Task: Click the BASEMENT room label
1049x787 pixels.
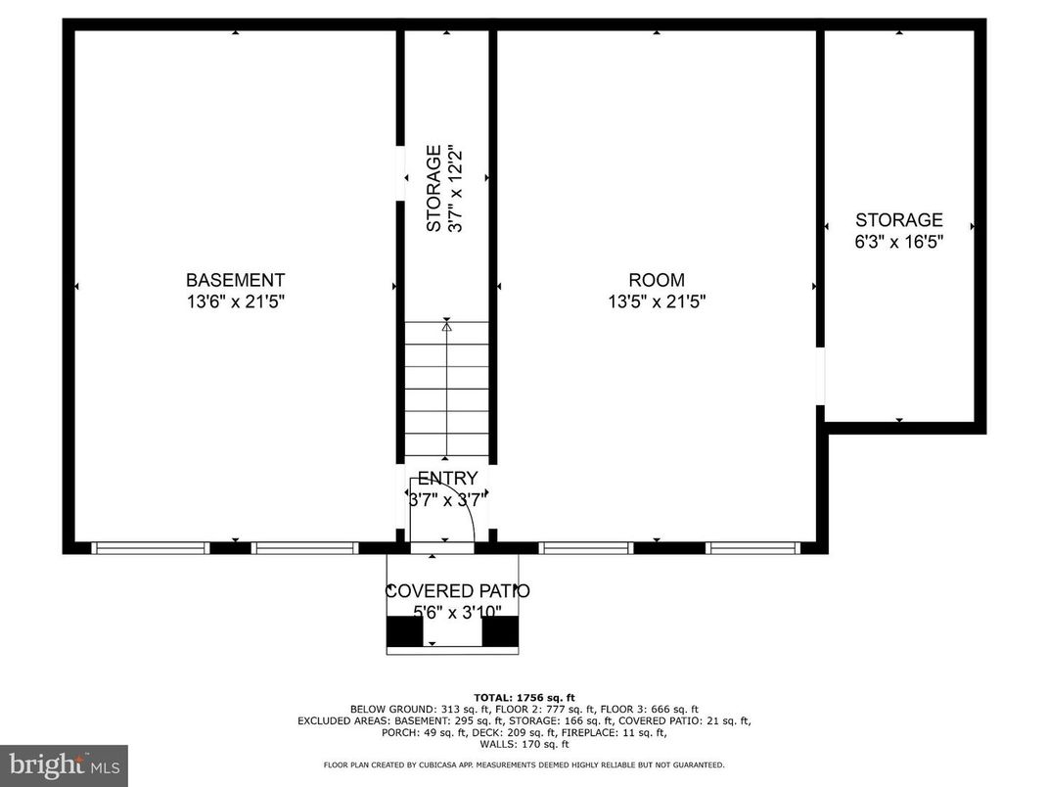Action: click(x=235, y=280)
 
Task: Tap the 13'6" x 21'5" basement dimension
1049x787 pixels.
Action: click(x=235, y=302)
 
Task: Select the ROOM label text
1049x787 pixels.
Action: click(x=657, y=280)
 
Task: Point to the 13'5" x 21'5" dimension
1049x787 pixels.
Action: click(x=657, y=302)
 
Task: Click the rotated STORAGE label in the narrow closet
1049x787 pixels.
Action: click(x=433, y=189)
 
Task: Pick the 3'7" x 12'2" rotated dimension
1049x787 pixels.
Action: click(x=454, y=189)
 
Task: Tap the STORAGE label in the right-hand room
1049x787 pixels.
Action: click(x=898, y=220)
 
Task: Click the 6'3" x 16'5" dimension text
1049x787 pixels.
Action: click(x=898, y=242)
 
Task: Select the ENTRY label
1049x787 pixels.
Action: click(x=447, y=479)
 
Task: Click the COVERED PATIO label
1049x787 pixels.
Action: click(x=457, y=591)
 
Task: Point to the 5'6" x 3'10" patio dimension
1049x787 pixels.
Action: click(x=457, y=613)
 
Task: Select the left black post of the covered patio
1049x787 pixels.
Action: click(x=404, y=631)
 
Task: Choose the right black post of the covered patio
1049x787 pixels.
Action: click(x=500, y=631)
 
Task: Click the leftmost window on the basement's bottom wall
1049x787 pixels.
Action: click(x=151, y=548)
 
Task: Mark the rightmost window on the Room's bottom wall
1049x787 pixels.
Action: click(x=754, y=548)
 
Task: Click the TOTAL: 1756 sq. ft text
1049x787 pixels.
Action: click(x=524, y=696)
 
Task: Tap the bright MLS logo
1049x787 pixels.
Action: click(x=64, y=764)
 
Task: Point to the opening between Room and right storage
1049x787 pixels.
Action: click(x=820, y=376)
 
